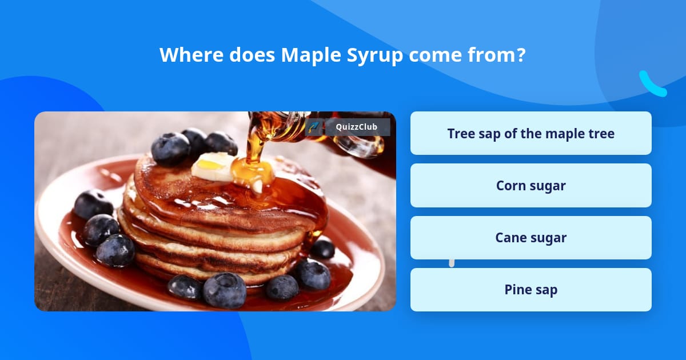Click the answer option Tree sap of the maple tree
point(531,134)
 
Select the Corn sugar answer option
point(531,186)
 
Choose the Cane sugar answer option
point(531,238)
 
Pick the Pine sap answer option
point(531,290)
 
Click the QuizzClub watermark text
point(357,127)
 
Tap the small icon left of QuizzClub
point(314,127)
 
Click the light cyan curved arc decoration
point(652,84)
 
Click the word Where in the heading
point(191,55)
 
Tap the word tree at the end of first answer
point(601,134)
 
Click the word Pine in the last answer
point(517,290)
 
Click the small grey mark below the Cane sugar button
point(452,263)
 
